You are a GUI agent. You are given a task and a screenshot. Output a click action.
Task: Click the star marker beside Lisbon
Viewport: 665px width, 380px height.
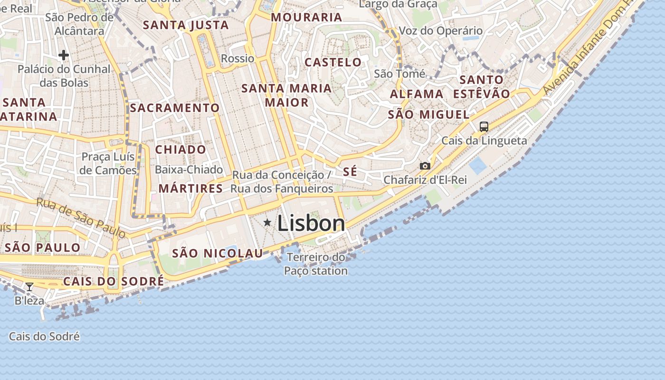pyautogui.click(x=267, y=222)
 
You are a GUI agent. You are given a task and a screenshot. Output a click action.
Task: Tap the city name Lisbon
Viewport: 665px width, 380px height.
pyautogui.click(x=311, y=223)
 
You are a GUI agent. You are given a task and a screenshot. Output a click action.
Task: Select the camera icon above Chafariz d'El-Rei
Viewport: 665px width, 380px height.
pyautogui.click(x=425, y=166)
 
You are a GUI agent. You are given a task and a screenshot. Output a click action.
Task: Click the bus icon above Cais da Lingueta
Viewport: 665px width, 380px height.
pyautogui.click(x=484, y=127)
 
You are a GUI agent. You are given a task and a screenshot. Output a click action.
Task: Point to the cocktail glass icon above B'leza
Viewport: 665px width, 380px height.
pyautogui.click(x=29, y=286)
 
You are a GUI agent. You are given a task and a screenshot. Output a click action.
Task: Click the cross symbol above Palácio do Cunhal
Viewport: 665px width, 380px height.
pyautogui.click(x=64, y=56)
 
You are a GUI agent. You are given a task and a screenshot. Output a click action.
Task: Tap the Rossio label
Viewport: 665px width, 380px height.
pyautogui.click(x=237, y=58)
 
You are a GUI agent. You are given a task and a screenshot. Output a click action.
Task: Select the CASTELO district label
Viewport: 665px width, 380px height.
pyautogui.click(x=333, y=62)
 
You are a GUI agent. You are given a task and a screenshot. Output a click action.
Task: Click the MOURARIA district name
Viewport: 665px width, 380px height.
pyautogui.click(x=306, y=18)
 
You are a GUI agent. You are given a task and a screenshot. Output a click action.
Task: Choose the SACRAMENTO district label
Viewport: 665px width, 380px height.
pyautogui.click(x=175, y=108)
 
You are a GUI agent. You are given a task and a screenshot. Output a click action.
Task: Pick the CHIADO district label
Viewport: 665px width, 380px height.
pyautogui.click(x=181, y=150)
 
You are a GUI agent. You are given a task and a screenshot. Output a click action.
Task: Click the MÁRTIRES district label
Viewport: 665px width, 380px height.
pyautogui.click(x=190, y=189)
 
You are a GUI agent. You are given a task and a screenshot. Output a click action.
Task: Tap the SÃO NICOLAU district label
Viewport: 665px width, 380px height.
pyautogui.click(x=217, y=253)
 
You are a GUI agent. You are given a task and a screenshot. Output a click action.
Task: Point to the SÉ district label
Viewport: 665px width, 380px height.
pyautogui.click(x=350, y=172)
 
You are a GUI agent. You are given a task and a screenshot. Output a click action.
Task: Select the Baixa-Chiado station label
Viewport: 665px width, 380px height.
pyautogui.click(x=189, y=170)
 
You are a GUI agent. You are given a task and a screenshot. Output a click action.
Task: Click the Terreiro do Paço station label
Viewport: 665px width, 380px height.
pyautogui.click(x=316, y=264)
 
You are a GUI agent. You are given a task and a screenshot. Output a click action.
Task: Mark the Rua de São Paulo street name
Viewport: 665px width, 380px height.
pyautogui.click(x=81, y=218)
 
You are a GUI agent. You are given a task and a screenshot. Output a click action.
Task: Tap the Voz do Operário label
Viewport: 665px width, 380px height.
pyautogui.click(x=440, y=31)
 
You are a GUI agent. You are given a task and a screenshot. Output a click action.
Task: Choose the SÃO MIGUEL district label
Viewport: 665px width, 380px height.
pyautogui.click(x=428, y=114)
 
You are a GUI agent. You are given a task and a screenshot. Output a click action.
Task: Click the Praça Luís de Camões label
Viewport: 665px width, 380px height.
pyautogui.click(x=108, y=163)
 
